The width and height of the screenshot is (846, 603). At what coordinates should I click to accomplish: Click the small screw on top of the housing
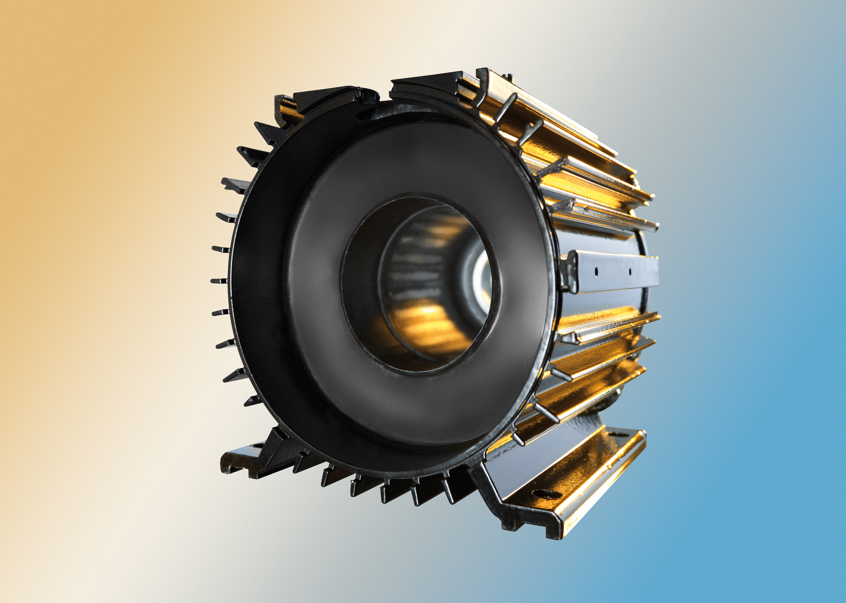pos(510,77)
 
